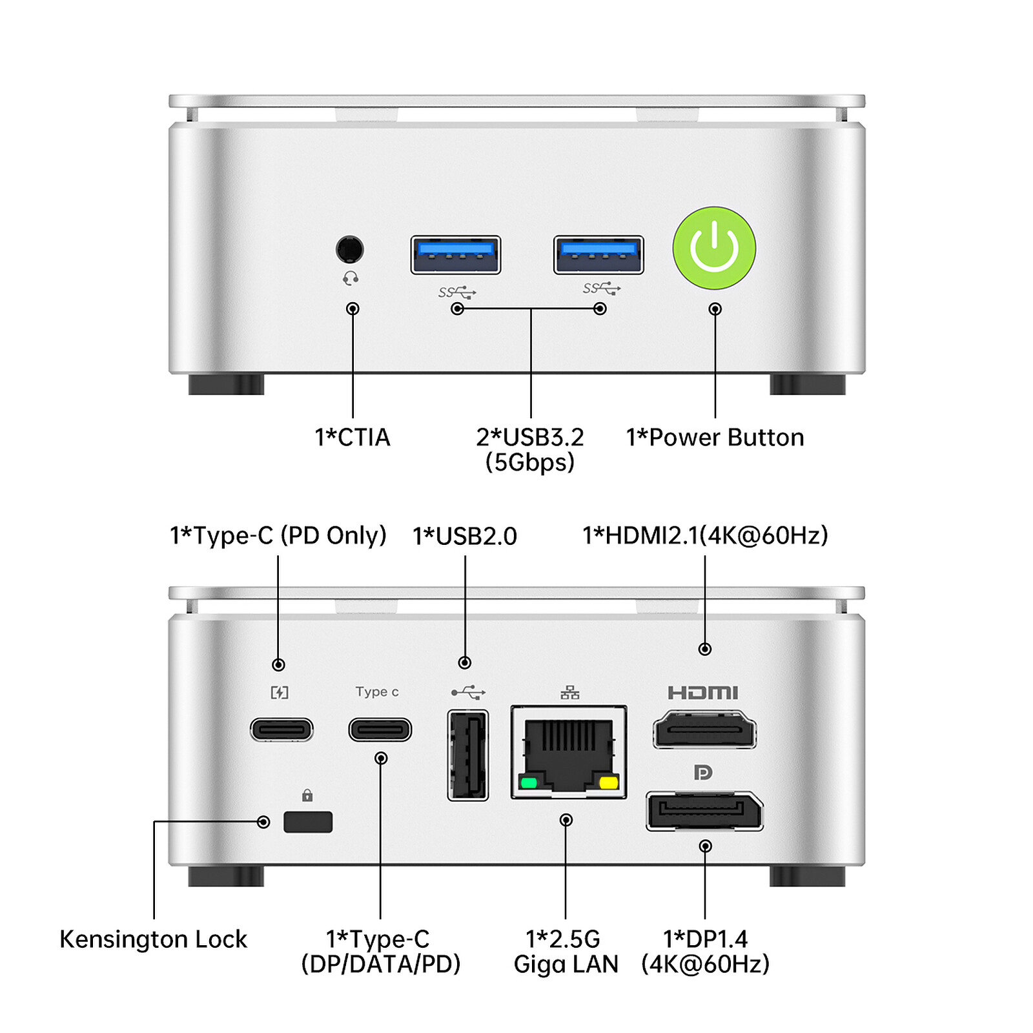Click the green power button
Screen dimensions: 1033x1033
[x=714, y=248]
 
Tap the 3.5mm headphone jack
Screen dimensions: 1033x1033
[x=350, y=249]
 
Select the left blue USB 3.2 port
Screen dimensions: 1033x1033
[x=456, y=254]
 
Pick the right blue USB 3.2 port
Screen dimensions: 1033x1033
[x=598, y=254]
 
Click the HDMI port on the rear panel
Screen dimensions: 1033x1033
[x=704, y=730]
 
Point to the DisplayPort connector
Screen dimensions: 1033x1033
[x=704, y=811]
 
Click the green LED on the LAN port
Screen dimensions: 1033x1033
[x=529, y=783]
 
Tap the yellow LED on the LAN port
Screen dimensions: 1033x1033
[x=608, y=783]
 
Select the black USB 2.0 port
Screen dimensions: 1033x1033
[x=468, y=754]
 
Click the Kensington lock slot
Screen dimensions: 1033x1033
[x=308, y=822]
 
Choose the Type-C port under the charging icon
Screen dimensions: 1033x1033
[x=281, y=730]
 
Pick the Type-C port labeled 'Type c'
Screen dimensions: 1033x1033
[x=380, y=730]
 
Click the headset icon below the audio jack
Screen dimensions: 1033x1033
[x=351, y=278]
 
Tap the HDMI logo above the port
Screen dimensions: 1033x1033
[x=702, y=693]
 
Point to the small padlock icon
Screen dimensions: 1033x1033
[x=307, y=795]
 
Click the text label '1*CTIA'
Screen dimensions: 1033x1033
[x=353, y=438]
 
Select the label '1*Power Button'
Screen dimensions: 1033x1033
[x=715, y=438]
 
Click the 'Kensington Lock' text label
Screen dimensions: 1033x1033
[x=153, y=939]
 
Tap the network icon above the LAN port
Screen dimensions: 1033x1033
[x=569, y=693]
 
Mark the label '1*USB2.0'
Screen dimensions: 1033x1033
[x=465, y=536]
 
